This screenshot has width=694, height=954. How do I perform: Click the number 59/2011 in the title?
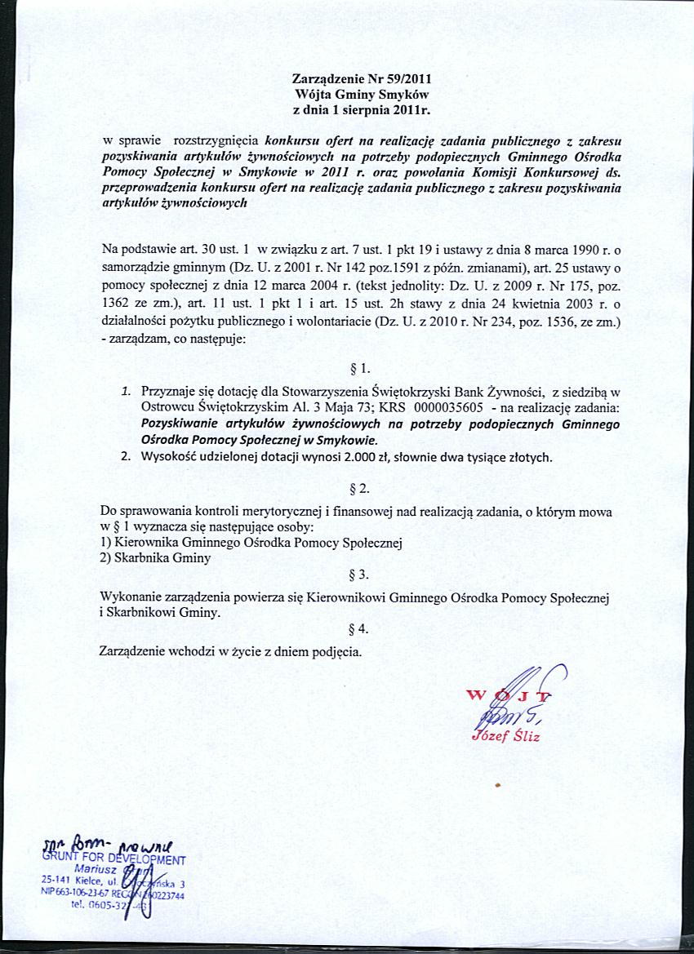click(404, 79)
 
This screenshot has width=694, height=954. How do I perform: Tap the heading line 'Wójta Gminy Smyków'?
click(361, 94)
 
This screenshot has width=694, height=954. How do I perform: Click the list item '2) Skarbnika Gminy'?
click(154, 558)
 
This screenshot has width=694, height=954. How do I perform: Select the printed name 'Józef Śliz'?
click(506, 737)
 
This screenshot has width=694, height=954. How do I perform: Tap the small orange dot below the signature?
click(496, 785)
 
